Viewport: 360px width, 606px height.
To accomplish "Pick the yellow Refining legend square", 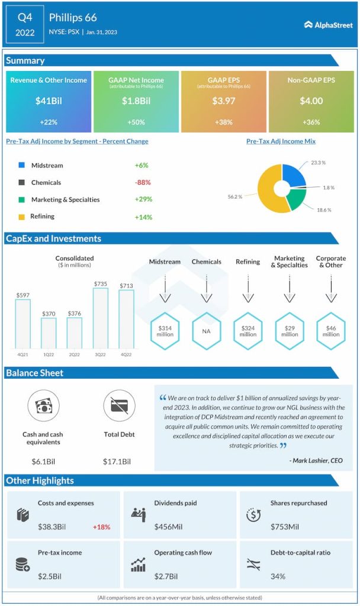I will point(22,217).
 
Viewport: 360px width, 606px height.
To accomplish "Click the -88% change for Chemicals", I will point(143,183).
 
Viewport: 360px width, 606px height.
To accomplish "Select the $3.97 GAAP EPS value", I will point(224,101).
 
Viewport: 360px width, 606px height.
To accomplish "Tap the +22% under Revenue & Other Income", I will point(49,122).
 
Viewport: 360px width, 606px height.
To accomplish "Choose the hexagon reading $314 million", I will point(164,331).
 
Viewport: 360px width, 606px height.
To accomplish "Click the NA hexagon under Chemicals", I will point(206,331).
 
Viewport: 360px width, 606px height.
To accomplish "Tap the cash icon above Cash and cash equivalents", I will point(43,406).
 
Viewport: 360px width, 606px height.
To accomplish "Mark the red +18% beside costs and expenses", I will point(101,527).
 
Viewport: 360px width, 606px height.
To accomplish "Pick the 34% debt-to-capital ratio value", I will point(278,576).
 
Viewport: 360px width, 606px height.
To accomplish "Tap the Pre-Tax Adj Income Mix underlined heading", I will point(281,141).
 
